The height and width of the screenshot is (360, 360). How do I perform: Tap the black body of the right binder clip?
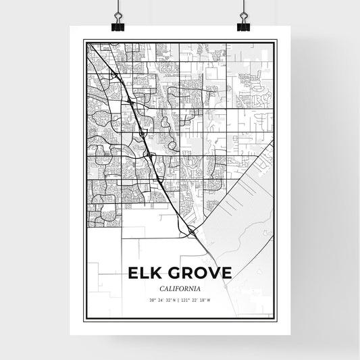[x=243, y=28]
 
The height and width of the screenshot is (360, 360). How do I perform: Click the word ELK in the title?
[x=143, y=273]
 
